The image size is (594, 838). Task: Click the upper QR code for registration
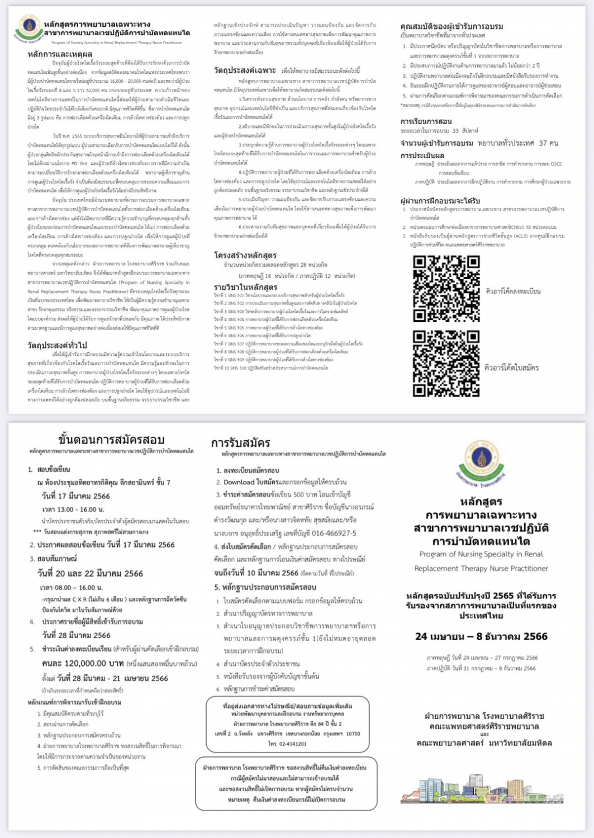[x=446, y=289]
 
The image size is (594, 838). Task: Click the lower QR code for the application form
[x=446, y=363]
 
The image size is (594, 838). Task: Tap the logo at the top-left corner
[x=27, y=28]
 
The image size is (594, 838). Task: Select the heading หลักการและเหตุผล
[x=60, y=54]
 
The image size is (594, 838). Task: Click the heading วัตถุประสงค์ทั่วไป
[x=57, y=345]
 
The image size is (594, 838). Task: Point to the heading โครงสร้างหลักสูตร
[x=245, y=255]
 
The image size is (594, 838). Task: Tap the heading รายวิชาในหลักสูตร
[x=246, y=287]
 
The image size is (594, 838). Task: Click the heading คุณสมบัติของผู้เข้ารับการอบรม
[x=452, y=26]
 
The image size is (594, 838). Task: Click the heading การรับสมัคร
[x=240, y=443]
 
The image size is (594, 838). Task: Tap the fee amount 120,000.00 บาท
[x=83, y=663]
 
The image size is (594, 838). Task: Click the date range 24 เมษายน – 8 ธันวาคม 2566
[x=481, y=636]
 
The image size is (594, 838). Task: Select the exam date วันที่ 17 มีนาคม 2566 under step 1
[x=75, y=496]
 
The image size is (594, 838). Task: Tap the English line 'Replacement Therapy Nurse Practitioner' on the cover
[x=481, y=568]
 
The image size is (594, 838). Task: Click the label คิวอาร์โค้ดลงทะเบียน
[x=513, y=291]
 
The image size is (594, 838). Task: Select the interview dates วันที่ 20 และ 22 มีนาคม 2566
[x=90, y=573]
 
